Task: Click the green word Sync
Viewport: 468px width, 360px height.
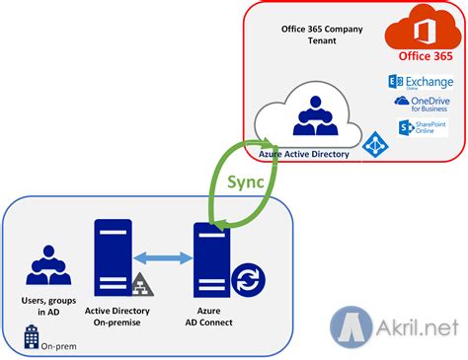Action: point(243,183)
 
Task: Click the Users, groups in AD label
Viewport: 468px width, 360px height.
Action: point(46,306)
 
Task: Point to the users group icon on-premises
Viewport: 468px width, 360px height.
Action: point(46,264)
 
